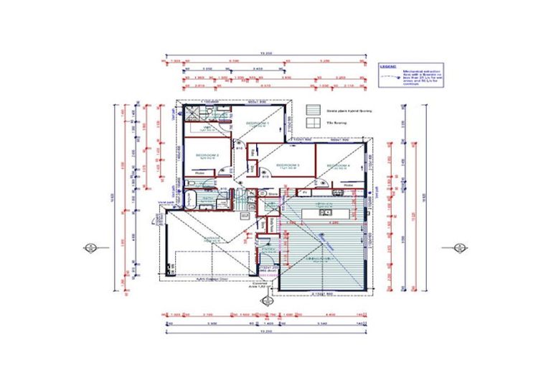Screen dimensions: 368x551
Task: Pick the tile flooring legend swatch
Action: pyautogui.click(x=313, y=123)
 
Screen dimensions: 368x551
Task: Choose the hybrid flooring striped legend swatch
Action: pyautogui.click(x=313, y=110)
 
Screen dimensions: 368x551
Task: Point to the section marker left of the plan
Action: pyautogui.click(x=90, y=249)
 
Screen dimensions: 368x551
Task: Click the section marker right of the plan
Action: pyautogui.click(x=458, y=249)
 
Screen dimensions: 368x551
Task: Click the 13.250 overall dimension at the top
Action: pyautogui.click(x=265, y=54)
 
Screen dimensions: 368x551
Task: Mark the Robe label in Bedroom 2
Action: pyautogui.click(x=200, y=172)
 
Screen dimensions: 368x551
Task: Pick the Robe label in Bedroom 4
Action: pyautogui.click(x=349, y=185)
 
